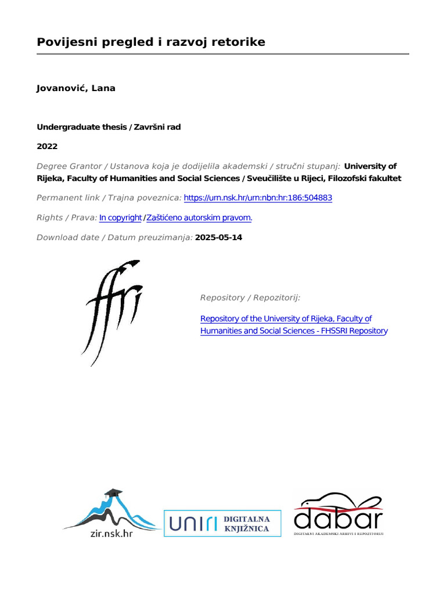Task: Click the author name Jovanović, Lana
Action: (76, 88)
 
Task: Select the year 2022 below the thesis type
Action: (47, 146)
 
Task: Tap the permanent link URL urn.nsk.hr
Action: (258, 198)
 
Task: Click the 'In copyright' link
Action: (120, 218)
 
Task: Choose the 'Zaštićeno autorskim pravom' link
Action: (199, 218)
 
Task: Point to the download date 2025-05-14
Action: (219, 237)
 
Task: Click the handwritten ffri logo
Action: (112, 310)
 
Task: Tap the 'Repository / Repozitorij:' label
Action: (250, 298)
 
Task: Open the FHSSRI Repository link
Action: (293, 325)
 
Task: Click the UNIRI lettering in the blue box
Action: (193, 524)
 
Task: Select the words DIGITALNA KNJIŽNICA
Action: (247, 524)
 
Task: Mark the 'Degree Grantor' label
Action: (71, 166)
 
